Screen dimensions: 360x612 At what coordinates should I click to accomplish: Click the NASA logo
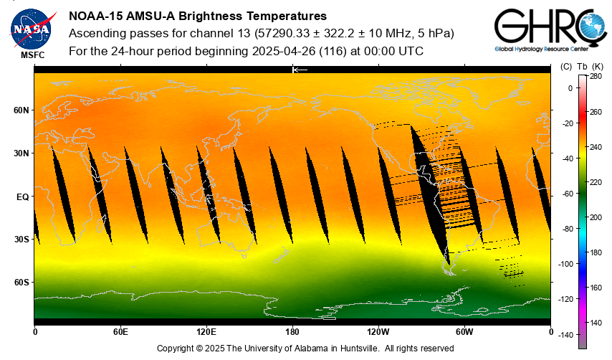pyautogui.click(x=31, y=27)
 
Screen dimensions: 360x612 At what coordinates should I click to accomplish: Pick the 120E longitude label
pyautogui.click(x=206, y=332)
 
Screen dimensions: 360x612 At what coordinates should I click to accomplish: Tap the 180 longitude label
pyautogui.click(x=292, y=332)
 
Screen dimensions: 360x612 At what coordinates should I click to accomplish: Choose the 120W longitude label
pyautogui.click(x=378, y=332)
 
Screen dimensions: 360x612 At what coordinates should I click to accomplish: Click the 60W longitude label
pyautogui.click(x=464, y=332)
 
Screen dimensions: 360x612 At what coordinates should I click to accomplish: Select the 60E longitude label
pyautogui.click(x=120, y=332)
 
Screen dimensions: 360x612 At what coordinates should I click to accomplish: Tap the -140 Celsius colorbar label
pyautogui.click(x=565, y=335)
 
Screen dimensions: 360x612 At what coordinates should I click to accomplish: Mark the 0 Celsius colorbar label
pyautogui.click(x=570, y=88)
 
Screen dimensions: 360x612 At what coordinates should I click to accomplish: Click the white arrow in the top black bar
pyautogui.click(x=300, y=70)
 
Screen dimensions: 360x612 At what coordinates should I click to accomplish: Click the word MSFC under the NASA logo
pyautogui.click(x=32, y=55)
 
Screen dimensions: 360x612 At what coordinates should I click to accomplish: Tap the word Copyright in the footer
pyautogui.click(x=176, y=348)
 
